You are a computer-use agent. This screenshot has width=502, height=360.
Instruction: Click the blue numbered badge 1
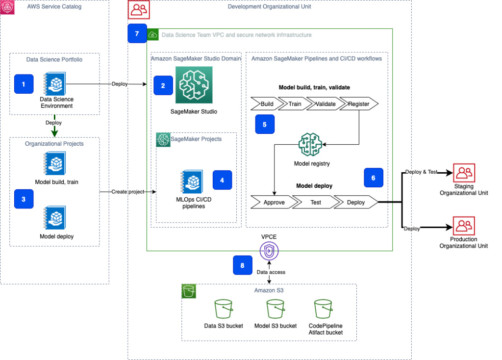coord(24,84)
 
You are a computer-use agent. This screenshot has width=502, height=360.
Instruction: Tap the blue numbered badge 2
coord(163,85)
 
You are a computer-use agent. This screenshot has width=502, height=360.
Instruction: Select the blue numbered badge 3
coord(24,199)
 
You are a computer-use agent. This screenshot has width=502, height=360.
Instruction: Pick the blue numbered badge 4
coord(222,180)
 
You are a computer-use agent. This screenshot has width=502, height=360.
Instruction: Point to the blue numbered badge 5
coord(265,125)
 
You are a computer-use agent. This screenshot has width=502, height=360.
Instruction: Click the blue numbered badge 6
coord(374,178)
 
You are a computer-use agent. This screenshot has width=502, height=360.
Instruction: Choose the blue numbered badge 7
coord(137,33)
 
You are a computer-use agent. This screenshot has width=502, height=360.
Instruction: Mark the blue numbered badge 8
coord(243,265)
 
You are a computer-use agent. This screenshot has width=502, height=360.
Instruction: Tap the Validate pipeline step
coord(326,103)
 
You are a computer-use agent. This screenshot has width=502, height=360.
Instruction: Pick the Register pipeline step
coord(358,103)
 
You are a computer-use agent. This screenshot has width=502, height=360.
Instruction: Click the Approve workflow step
coord(274,202)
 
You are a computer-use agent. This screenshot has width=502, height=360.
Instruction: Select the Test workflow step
coord(316,202)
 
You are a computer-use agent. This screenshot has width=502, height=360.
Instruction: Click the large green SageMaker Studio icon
coord(194,85)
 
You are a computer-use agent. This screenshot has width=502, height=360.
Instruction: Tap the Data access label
coord(271,272)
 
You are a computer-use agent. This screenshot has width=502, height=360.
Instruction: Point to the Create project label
coord(128,191)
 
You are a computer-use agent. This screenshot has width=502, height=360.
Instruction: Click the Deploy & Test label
coord(421,172)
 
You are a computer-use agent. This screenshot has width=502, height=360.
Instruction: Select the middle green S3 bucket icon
coord(275,309)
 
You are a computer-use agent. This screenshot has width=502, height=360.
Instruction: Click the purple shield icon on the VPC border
coord(269,251)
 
